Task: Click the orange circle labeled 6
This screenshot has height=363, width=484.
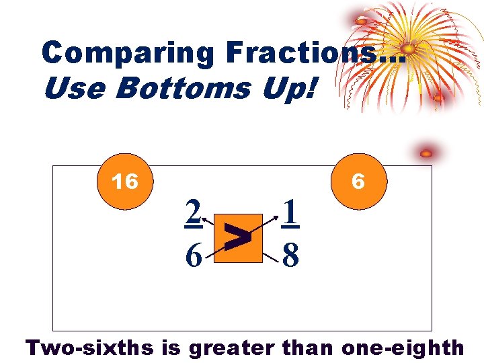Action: click(x=358, y=182)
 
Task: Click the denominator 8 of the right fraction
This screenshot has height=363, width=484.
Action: click(x=290, y=255)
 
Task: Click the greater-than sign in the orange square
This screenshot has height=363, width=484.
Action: click(x=239, y=237)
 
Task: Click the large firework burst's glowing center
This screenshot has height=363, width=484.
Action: click(x=408, y=48)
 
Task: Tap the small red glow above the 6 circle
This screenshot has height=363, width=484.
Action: click(x=426, y=154)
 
